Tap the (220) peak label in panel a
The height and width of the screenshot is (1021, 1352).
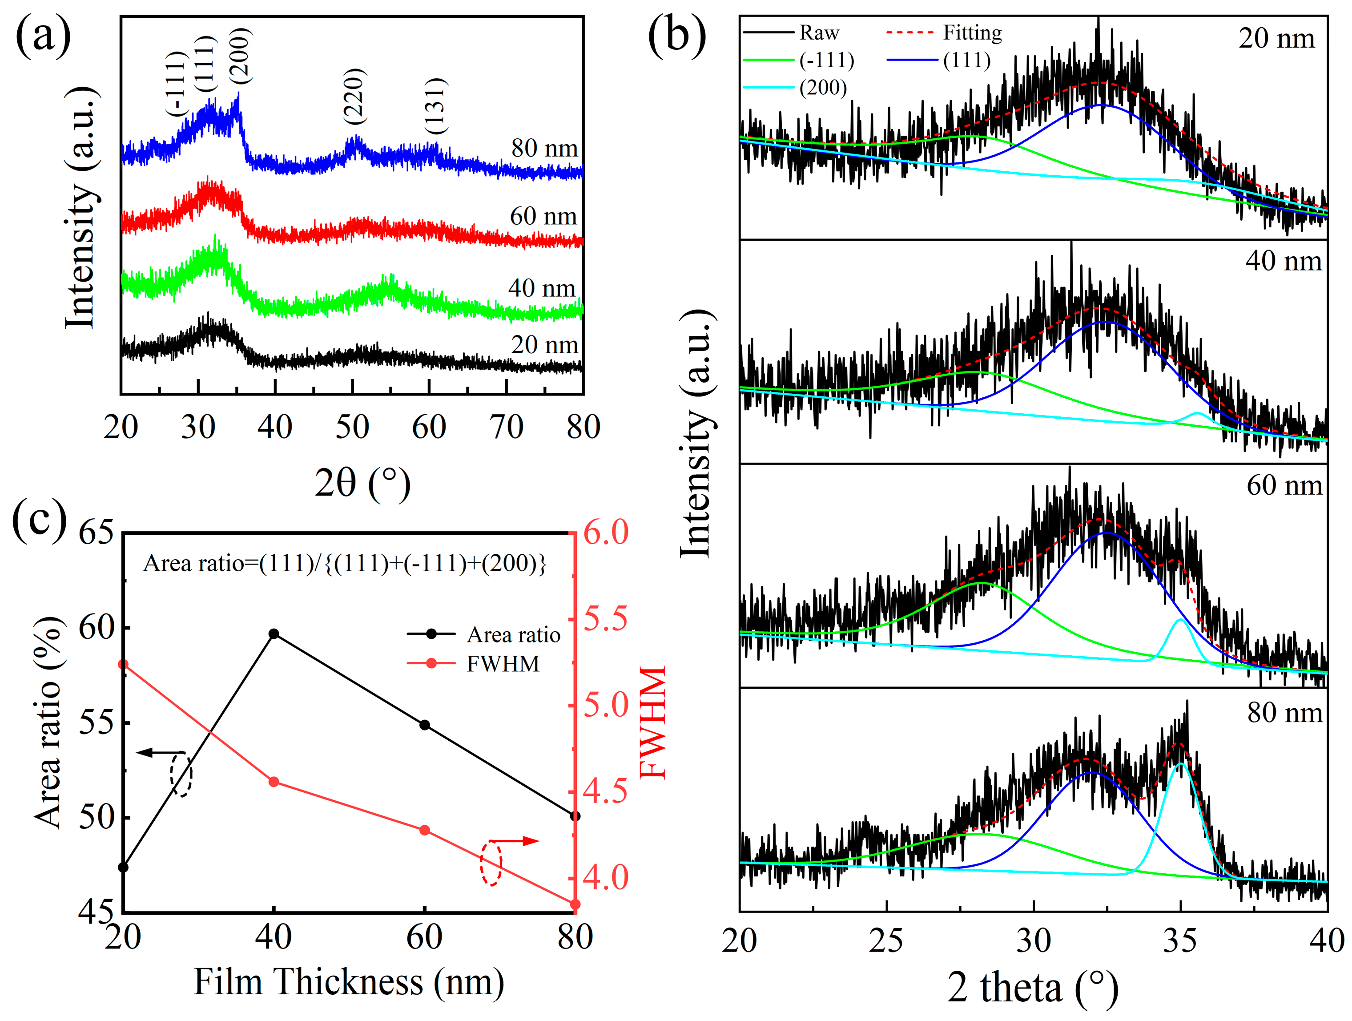click(354, 96)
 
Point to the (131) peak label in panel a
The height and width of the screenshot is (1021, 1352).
click(436, 106)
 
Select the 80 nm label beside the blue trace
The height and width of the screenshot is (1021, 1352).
click(544, 148)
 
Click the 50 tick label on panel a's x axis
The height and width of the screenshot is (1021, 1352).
click(352, 427)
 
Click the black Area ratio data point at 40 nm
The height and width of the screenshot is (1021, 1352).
click(274, 634)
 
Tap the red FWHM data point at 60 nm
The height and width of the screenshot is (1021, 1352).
click(425, 830)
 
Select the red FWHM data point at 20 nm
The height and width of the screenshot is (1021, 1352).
click(123, 665)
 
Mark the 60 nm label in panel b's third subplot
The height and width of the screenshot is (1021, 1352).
click(1284, 485)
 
